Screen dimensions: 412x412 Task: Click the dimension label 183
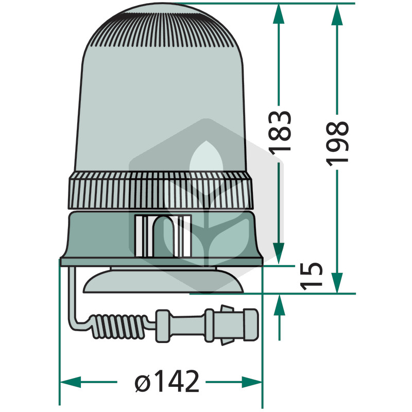280,132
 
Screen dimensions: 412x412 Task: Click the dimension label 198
337,144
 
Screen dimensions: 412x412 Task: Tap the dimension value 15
312,276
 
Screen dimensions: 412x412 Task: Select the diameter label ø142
167,381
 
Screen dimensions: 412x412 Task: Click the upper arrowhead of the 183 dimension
279,14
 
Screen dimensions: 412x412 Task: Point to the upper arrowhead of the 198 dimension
337,14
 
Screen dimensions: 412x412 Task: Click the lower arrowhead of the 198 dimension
337,282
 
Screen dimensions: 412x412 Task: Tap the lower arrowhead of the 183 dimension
279,253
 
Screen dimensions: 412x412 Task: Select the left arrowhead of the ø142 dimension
71,382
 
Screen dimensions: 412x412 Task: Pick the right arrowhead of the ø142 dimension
252,382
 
